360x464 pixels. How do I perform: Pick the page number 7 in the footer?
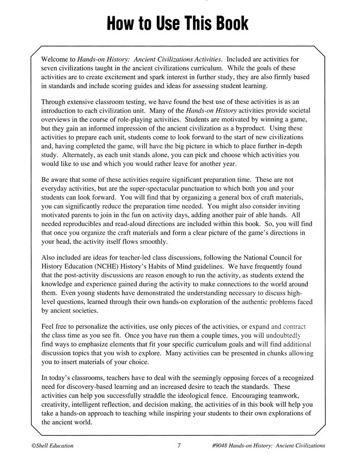tap(179, 446)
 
